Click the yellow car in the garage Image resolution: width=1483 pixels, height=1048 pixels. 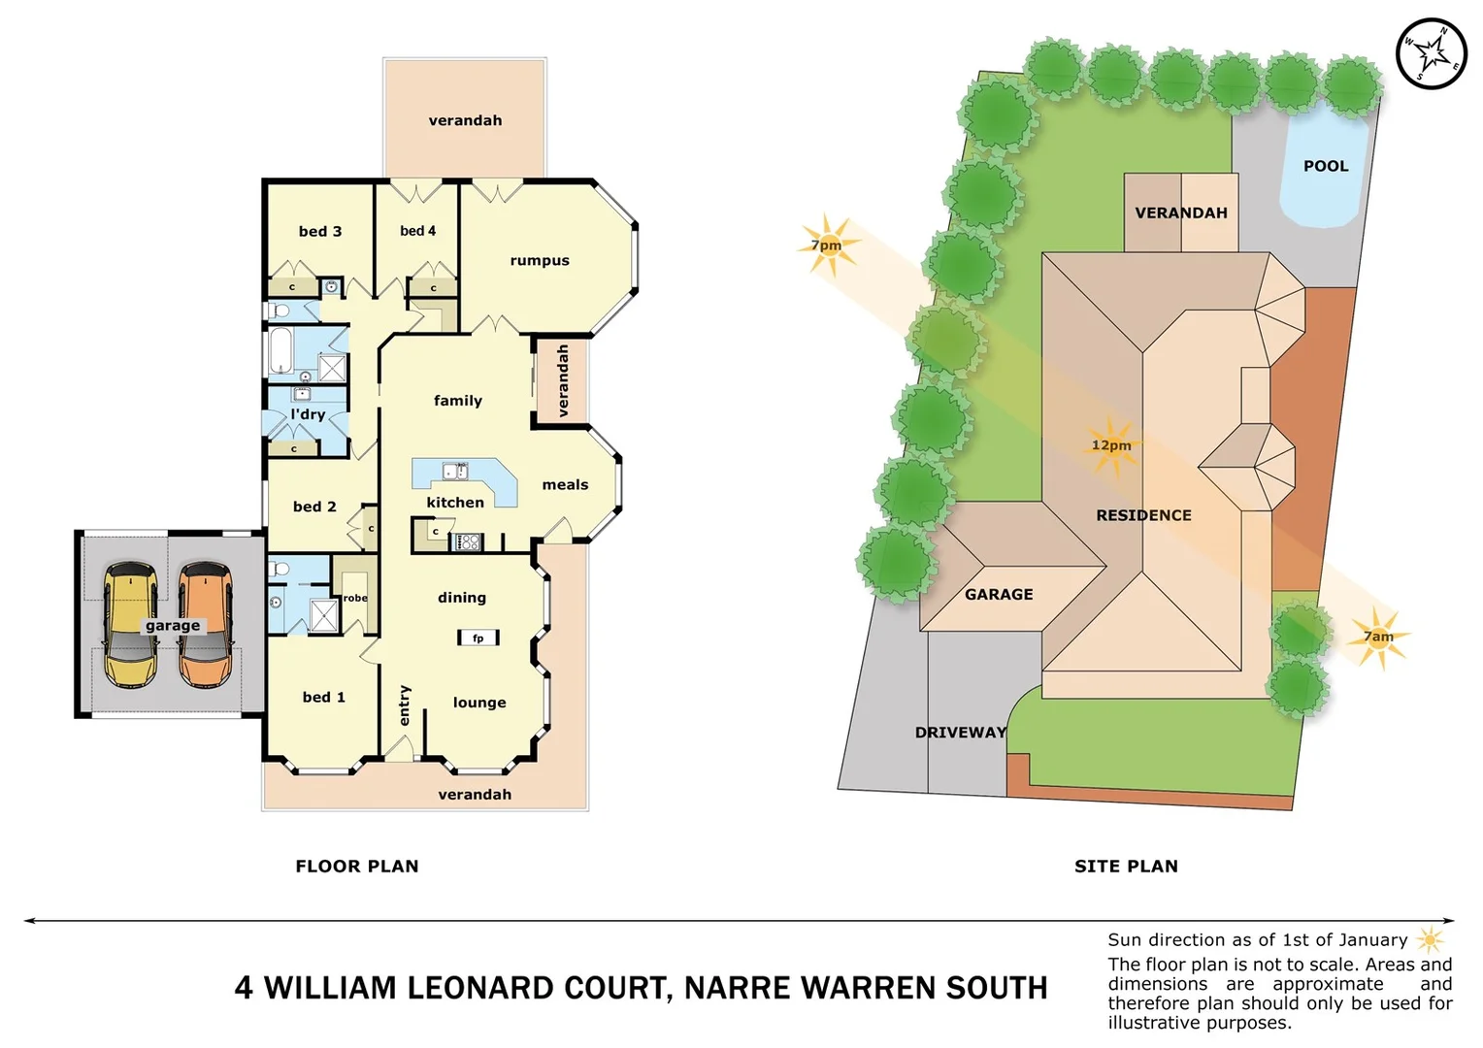pyautogui.click(x=131, y=625)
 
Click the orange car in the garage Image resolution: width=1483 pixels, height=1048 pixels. pyautogui.click(x=205, y=625)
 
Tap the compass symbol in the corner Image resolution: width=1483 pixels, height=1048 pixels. pyautogui.click(x=1431, y=53)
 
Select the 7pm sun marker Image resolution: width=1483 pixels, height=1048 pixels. pyautogui.click(x=827, y=245)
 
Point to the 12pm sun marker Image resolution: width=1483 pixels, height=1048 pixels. pyautogui.click(x=1110, y=445)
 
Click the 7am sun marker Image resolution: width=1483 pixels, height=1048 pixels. pyautogui.click(x=1378, y=637)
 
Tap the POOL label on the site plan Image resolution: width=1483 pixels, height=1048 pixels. pyautogui.click(x=1326, y=166)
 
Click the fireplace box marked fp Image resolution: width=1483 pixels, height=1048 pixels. pyautogui.click(x=478, y=638)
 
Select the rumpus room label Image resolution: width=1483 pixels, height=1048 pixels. pyautogui.click(x=540, y=260)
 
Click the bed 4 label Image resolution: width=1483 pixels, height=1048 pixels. pyautogui.click(x=417, y=231)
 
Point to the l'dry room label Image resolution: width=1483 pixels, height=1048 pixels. pyautogui.click(x=308, y=414)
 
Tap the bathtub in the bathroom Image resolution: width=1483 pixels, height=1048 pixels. pyautogui.click(x=280, y=350)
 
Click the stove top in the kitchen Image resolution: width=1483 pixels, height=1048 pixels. pyautogui.click(x=469, y=541)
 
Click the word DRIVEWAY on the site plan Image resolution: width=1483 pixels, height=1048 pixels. pyautogui.click(x=960, y=732)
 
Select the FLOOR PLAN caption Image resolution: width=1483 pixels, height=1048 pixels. pyautogui.click(x=357, y=866)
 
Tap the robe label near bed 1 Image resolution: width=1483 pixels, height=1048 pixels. pyautogui.click(x=355, y=598)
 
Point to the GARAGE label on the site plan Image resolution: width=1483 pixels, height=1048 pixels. pyautogui.click(x=999, y=594)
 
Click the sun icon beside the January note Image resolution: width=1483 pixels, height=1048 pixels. pyautogui.click(x=1430, y=939)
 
